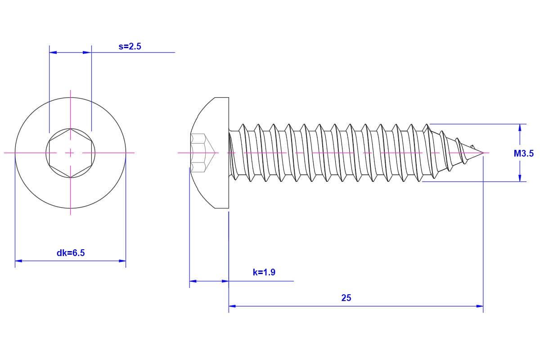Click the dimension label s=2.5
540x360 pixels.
click(130, 46)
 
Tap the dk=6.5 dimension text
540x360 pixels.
click(71, 253)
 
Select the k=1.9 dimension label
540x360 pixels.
click(264, 272)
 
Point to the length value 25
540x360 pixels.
click(346, 298)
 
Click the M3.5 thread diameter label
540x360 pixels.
click(524, 153)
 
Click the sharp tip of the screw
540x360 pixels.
click(483, 153)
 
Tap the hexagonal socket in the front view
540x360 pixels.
click(70, 153)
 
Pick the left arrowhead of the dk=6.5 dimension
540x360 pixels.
click(18, 261)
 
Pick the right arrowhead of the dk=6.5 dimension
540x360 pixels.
click(122, 261)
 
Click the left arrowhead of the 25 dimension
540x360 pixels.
click(232, 306)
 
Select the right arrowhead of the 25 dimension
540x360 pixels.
click(480, 306)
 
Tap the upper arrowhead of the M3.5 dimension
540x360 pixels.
click(520, 128)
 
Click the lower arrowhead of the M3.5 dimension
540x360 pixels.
click(520, 178)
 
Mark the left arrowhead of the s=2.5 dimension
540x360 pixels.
click(53, 52)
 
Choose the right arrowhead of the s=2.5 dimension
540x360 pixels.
click(88, 52)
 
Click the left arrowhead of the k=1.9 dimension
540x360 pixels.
click(193, 281)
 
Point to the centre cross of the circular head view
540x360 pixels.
click(70, 153)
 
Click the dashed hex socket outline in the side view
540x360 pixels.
click(202, 153)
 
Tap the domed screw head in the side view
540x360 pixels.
click(209, 153)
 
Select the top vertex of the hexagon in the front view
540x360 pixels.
click(70, 128)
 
